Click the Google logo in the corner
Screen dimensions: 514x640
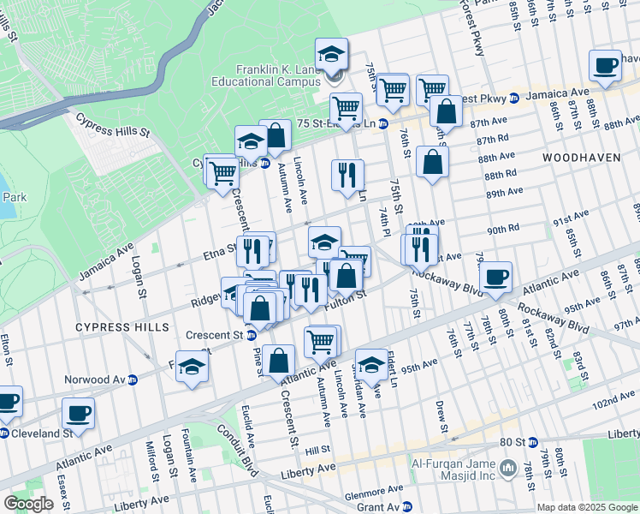[28, 504]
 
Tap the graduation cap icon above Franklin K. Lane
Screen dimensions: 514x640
[332, 56]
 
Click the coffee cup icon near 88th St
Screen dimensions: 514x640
[606, 66]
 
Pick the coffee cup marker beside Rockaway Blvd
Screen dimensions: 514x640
[495, 278]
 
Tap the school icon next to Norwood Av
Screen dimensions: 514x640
[193, 367]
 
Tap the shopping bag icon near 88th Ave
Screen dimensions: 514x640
[434, 162]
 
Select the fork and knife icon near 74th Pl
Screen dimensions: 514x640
[347, 176]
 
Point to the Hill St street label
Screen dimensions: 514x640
[317, 450]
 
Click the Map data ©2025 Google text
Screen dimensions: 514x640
[587, 507]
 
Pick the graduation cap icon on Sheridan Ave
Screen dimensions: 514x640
[371, 365]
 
